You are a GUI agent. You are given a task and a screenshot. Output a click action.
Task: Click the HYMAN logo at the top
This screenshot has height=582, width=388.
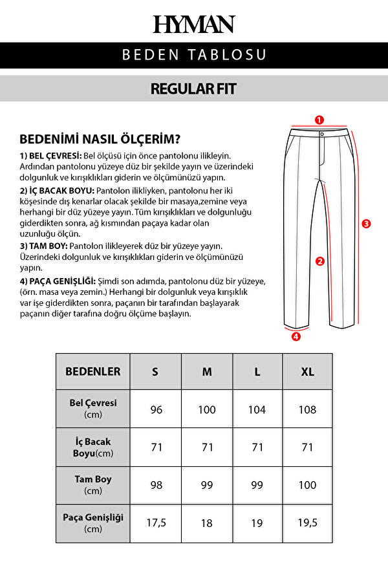pyautogui.click(x=194, y=25)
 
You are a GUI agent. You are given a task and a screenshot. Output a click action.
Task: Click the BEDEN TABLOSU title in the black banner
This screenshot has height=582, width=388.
pyautogui.click(x=194, y=55)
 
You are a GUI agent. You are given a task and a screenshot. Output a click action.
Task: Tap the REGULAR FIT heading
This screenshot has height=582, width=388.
pyautogui.click(x=194, y=89)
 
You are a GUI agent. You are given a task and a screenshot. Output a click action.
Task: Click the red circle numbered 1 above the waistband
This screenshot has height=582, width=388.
pyautogui.click(x=319, y=120)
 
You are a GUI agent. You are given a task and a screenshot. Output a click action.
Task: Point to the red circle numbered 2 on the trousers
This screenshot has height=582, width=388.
pyautogui.click(x=319, y=261)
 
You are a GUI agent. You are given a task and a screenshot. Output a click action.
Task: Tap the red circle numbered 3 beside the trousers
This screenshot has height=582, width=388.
pyautogui.click(x=366, y=224)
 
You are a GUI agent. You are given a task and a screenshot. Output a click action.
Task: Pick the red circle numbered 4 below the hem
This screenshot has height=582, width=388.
pyautogui.click(x=296, y=336)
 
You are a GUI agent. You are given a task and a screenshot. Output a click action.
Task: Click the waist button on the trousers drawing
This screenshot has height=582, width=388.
pyautogui.click(x=321, y=134)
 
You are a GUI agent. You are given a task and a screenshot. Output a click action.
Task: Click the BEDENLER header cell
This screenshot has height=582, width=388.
pyautogui.click(x=93, y=372)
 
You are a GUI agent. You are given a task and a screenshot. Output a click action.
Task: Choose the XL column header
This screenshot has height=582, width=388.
pyautogui.click(x=308, y=372)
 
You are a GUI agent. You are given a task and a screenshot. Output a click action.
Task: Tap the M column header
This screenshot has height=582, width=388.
pyautogui.click(x=207, y=372)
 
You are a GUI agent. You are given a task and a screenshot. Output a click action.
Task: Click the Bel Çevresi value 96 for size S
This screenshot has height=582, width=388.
pyautogui.click(x=156, y=410)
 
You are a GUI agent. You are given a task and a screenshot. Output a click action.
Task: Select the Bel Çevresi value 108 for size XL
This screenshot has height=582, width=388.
pyautogui.click(x=308, y=410)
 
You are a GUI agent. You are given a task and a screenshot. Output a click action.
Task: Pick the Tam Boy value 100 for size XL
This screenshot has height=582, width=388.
pyautogui.click(x=308, y=485)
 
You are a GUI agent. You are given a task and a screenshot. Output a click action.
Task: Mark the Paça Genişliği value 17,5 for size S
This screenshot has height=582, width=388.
pyautogui.click(x=156, y=523)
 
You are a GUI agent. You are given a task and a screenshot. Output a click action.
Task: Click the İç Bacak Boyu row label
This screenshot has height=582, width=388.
pyautogui.click(x=93, y=447)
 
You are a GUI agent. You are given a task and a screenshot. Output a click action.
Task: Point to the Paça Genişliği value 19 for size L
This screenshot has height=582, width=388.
pyautogui.click(x=257, y=523)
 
